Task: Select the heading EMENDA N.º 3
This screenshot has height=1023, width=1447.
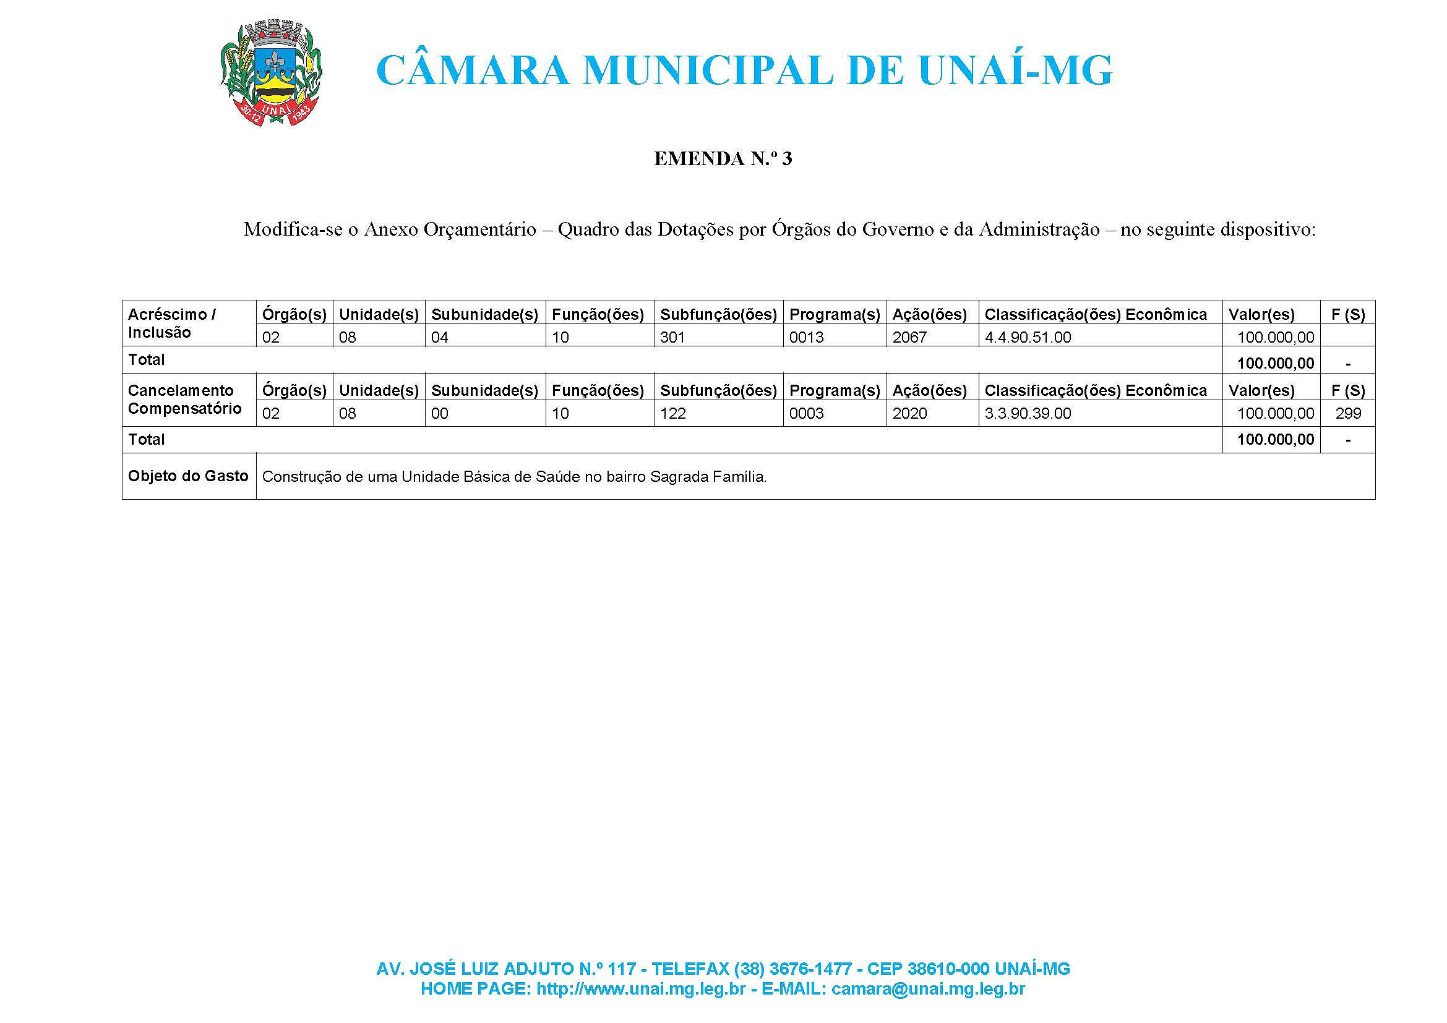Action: [723, 159]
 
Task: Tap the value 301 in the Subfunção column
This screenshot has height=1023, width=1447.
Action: [672, 337]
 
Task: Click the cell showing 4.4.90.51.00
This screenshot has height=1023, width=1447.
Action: [1028, 337]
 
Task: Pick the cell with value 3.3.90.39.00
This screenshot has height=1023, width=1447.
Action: [1028, 413]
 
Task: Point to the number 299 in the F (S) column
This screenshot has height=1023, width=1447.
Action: [1348, 413]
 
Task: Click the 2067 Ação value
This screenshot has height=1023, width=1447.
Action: [909, 337]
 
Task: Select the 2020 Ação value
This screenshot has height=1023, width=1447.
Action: [909, 413]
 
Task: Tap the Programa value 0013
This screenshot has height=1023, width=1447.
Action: [806, 337]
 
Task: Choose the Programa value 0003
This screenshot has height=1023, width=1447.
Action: [806, 413]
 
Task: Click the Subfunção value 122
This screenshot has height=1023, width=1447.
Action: [672, 413]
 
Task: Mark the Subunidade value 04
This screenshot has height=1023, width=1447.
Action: [439, 337]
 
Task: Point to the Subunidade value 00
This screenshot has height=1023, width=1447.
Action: [439, 413]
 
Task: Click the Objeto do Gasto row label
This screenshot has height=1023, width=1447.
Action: [188, 476]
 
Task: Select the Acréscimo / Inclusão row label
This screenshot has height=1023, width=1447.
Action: [171, 323]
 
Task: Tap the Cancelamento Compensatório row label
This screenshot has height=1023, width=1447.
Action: [184, 400]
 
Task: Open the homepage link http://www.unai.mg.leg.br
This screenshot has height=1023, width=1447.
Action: [640, 989]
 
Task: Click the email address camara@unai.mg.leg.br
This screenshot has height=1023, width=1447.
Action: [928, 989]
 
